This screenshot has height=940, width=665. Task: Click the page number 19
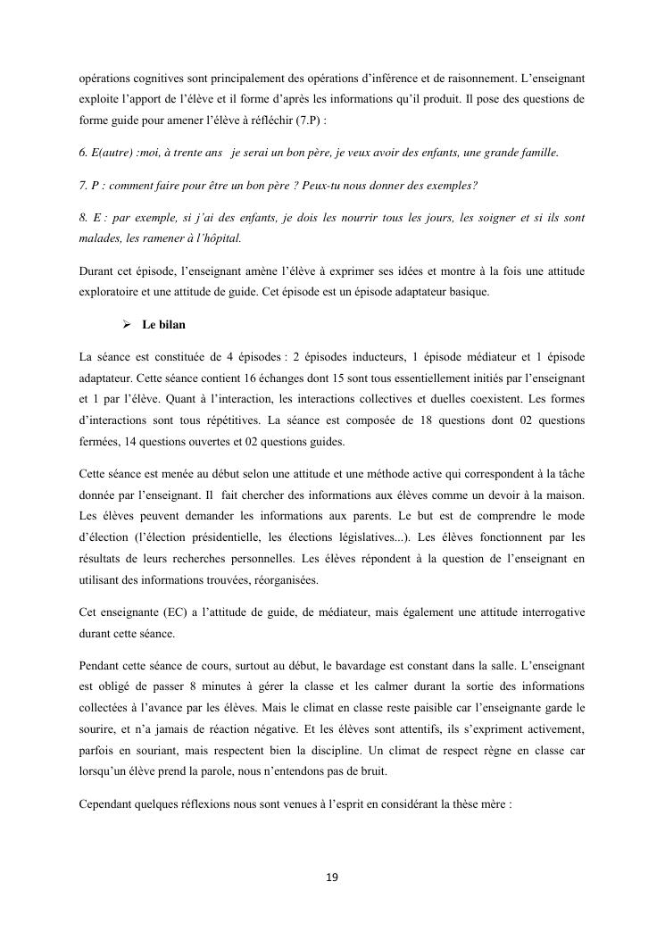pos(332,878)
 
